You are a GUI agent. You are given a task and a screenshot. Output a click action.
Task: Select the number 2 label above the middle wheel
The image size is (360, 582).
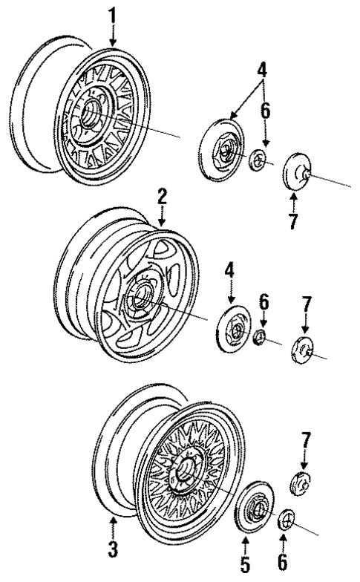point(162,197)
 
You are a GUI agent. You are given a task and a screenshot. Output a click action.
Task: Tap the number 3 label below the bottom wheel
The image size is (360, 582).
point(113,551)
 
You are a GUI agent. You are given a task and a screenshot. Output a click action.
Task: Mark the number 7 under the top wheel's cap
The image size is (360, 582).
point(293,220)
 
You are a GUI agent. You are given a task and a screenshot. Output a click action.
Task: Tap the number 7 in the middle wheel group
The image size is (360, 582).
point(306,304)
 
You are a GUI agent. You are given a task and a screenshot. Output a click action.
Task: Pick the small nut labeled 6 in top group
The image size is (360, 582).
point(257,160)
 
